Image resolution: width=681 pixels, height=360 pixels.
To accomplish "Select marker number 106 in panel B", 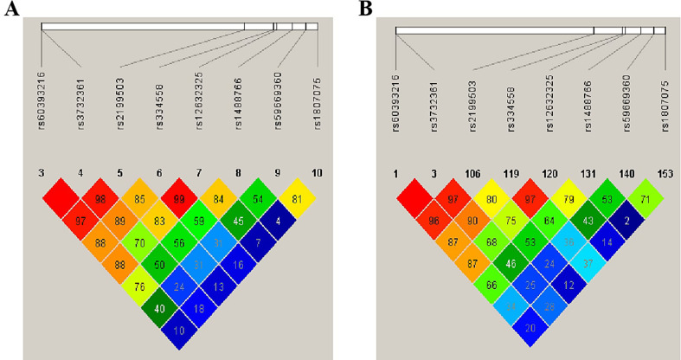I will tap(473, 172).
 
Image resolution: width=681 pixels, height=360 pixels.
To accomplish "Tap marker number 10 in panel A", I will tap(317, 173).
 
